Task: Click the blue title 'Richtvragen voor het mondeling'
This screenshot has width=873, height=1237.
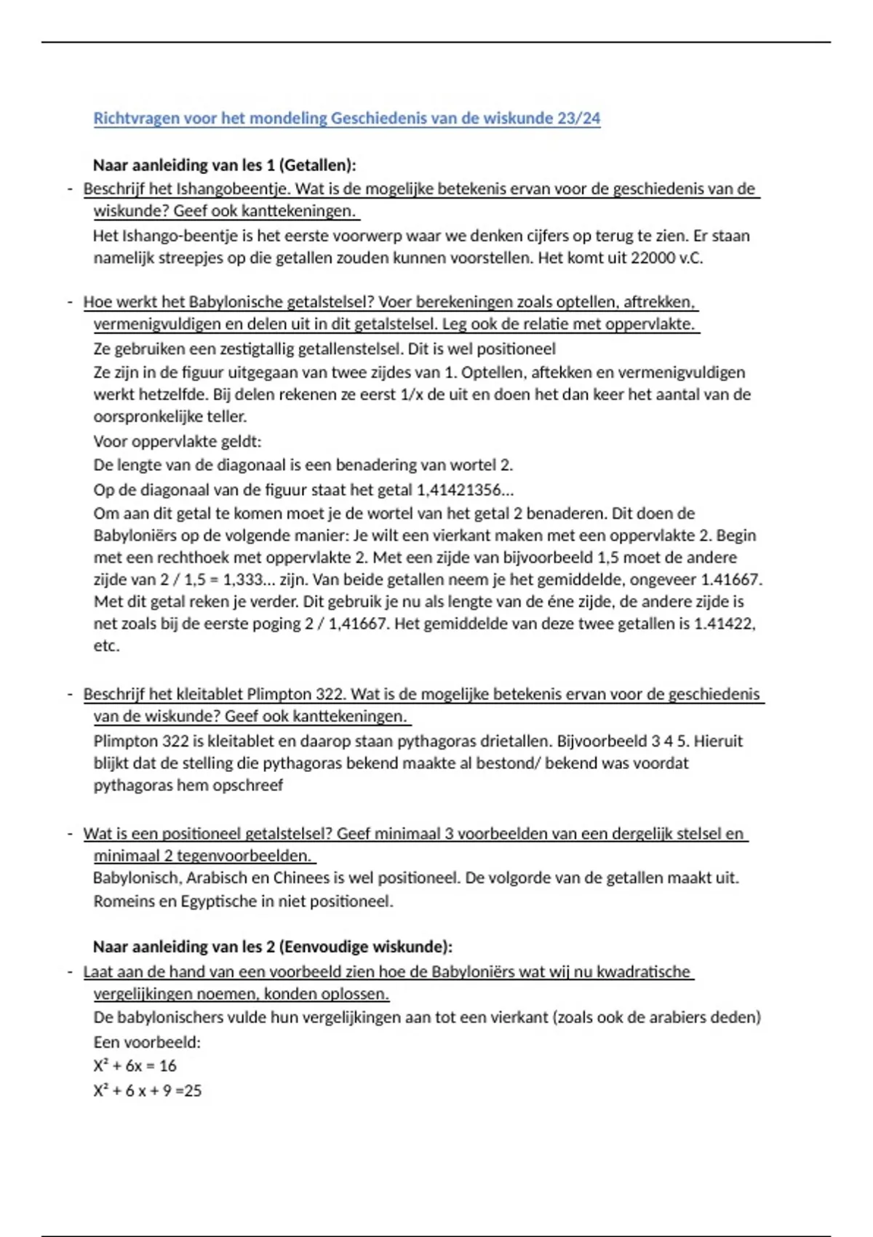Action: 211,119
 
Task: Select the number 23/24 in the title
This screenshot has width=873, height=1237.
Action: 579,119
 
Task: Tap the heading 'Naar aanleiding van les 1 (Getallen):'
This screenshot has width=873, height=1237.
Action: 224,165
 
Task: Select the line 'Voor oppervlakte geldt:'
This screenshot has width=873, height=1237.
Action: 177,442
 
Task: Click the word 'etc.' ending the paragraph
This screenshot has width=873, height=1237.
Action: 106,646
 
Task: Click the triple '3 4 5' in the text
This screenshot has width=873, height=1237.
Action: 668,741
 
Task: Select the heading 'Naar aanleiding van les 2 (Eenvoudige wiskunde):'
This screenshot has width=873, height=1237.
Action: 272,947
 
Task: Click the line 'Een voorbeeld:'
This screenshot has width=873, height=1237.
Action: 147,1042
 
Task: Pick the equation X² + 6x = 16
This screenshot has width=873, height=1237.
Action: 135,1066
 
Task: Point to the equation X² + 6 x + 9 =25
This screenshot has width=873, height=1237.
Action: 147,1091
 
